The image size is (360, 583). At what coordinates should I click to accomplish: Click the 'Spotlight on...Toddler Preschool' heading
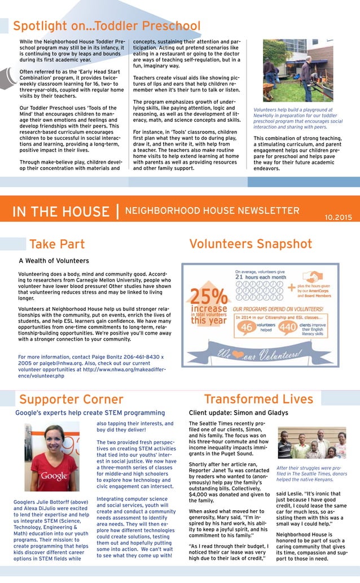[x=107, y=26]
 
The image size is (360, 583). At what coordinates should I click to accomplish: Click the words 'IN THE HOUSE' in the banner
[x=62, y=212]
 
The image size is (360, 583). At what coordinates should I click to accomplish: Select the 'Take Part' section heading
[x=57, y=244]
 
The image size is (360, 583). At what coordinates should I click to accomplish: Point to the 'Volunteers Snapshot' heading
[x=251, y=244]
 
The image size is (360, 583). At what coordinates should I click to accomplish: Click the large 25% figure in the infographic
[x=208, y=297]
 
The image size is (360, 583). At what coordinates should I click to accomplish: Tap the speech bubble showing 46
[x=247, y=327]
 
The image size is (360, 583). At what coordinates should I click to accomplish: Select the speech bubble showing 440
[x=288, y=327]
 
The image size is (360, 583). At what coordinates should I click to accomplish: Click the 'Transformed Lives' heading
[x=258, y=400]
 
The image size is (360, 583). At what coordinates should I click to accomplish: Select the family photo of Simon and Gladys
[x=311, y=444]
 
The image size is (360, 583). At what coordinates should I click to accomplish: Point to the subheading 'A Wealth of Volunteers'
[x=54, y=261]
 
